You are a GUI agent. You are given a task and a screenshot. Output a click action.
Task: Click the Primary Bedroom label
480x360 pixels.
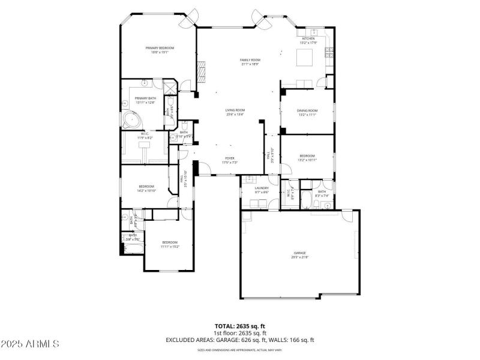click(159, 50)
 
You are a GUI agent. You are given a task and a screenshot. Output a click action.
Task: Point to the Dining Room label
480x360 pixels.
click(307, 112)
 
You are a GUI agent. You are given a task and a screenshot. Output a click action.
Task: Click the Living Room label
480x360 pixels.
click(235, 112)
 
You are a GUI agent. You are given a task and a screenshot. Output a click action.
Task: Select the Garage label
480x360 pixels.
click(299, 254)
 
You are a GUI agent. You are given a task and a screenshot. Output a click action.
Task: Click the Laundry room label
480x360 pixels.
click(261, 190)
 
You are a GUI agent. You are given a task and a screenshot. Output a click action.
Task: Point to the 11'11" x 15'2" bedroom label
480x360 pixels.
click(170, 244)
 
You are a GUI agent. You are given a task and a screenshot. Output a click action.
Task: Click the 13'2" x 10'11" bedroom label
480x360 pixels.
click(307, 158)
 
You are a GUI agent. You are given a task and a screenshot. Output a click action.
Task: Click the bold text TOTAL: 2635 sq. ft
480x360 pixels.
click(239, 326)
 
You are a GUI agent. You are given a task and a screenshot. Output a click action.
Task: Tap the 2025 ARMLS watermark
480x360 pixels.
click(30, 344)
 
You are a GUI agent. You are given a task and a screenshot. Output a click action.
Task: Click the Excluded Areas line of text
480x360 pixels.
click(239, 340)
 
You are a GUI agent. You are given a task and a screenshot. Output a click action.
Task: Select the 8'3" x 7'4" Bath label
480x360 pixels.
click(322, 193)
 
